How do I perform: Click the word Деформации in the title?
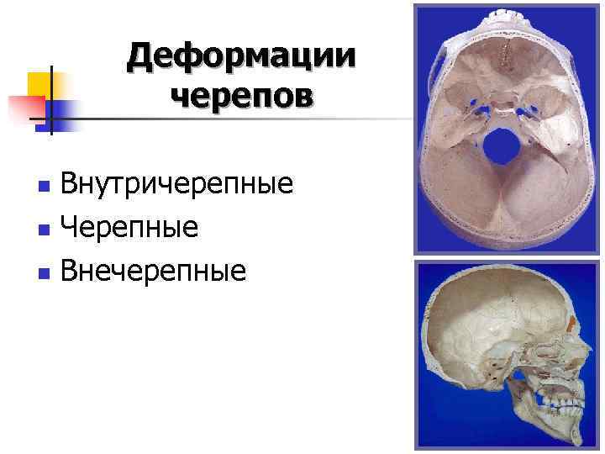click(242, 57)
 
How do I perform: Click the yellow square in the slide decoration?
click(40, 84)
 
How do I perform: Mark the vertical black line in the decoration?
click(51, 101)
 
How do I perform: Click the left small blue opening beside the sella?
click(477, 108)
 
